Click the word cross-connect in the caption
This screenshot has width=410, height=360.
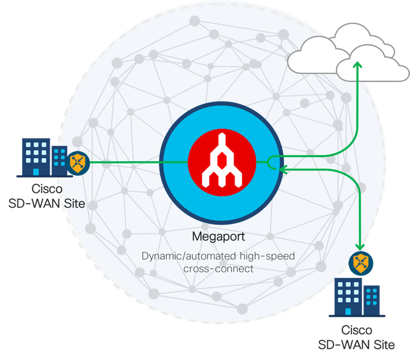[x=219, y=269]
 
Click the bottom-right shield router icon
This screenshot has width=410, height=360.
[x=359, y=262]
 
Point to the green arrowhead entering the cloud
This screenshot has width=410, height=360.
[x=358, y=66]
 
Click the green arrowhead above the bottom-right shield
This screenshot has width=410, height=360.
[x=359, y=246]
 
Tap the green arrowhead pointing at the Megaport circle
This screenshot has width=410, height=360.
[x=282, y=170]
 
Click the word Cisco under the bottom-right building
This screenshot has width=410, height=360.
[x=356, y=331]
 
